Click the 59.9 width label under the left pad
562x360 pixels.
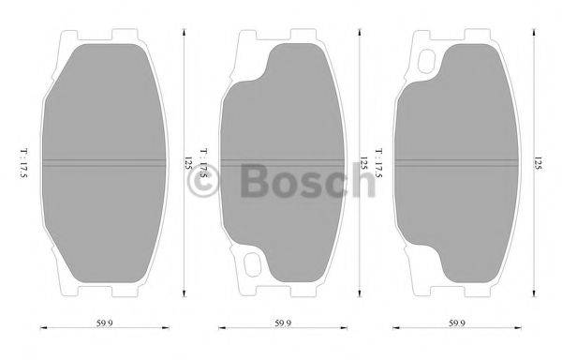[x=104, y=324]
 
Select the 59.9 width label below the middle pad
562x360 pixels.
[x=280, y=324]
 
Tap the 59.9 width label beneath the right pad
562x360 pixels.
[x=456, y=324]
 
